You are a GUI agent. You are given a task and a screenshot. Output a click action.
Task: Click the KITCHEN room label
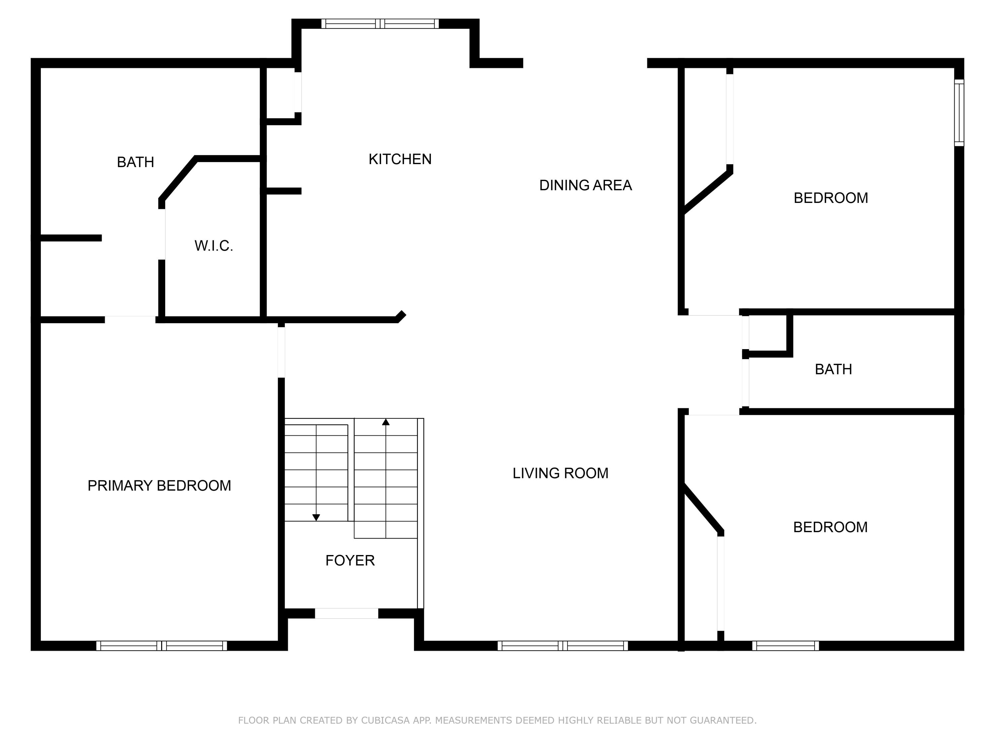(x=400, y=159)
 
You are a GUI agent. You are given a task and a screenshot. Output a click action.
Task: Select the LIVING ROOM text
(x=560, y=473)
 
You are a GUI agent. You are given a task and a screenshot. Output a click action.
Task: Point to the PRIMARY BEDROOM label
(x=159, y=486)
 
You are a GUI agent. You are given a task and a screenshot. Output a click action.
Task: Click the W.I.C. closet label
(x=214, y=246)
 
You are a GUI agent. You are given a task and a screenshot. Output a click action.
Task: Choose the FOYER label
(x=350, y=560)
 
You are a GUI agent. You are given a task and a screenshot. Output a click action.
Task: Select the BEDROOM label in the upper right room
(x=830, y=198)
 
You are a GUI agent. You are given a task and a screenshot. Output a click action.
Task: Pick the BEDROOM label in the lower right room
(x=830, y=527)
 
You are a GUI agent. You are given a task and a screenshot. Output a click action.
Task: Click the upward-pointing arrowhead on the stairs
(x=385, y=422)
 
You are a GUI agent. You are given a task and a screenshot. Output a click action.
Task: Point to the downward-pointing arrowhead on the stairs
(x=316, y=518)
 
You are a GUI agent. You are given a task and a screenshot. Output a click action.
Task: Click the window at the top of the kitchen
(x=380, y=24)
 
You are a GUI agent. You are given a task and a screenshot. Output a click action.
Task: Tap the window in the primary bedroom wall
(x=162, y=646)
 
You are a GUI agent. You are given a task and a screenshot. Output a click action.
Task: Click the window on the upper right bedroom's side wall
(x=959, y=112)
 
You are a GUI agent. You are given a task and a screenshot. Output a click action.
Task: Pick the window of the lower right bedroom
(x=785, y=646)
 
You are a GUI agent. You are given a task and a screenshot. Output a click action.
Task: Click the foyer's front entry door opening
(x=346, y=613)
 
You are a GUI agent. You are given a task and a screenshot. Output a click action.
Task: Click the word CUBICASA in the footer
(x=385, y=720)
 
